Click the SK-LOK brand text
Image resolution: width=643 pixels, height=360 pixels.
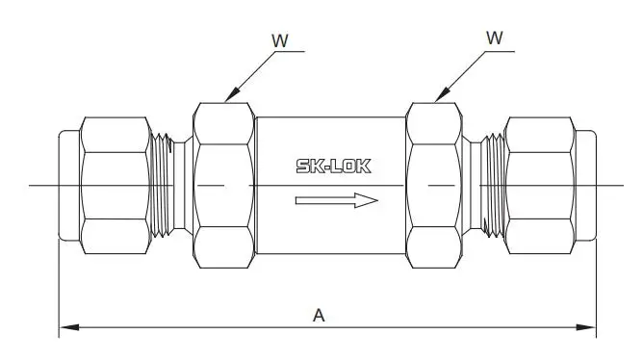point(333,167)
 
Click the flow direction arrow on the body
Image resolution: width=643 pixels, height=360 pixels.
point(336,200)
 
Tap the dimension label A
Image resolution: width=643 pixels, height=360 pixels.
point(319,316)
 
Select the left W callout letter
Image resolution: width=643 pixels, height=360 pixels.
point(280,40)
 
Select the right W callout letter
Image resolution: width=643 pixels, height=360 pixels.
point(495,38)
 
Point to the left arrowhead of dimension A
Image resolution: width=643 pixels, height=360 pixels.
point(69,327)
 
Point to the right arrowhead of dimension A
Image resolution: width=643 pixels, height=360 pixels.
point(586,327)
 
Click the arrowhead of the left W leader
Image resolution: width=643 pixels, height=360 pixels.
point(231,94)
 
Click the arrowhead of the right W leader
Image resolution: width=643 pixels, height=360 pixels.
point(441,94)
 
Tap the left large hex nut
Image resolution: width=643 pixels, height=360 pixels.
point(224,186)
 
